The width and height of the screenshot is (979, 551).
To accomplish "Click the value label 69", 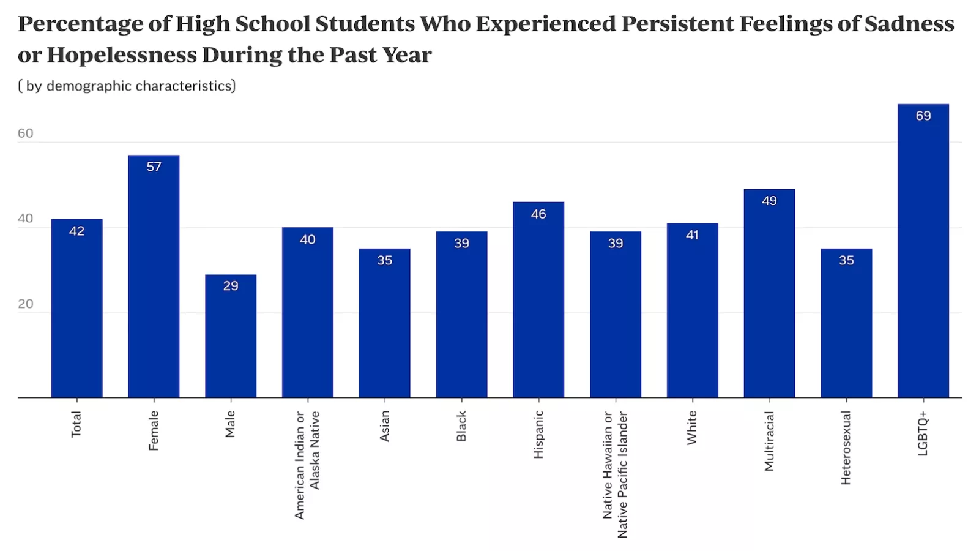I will click(x=923, y=116).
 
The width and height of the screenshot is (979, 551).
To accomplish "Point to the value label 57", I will click(x=154, y=167).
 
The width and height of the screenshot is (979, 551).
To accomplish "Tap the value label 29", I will click(x=231, y=286).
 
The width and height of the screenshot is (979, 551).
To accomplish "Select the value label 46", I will click(x=538, y=214).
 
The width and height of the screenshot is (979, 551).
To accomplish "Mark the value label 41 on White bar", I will click(x=692, y=235).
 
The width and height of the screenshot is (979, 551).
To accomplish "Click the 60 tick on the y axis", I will click(x=26, y=133).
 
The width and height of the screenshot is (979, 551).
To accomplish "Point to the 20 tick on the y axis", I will click(x=26, y=304).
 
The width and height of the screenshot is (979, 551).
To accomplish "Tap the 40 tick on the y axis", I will click(x=26, y=219).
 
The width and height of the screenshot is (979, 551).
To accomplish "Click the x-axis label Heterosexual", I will click(x=846, y=448).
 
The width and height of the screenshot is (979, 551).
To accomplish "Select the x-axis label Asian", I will click(x=384, y=426).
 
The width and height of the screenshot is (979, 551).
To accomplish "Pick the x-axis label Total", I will click(x=76, y=424).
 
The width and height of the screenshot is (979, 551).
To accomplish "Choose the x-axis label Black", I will click(x=461, y=426).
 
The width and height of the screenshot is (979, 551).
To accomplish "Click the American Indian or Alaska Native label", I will click(x=307, y=465).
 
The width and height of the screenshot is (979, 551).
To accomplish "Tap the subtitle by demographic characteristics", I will click(x=127, y=86).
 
